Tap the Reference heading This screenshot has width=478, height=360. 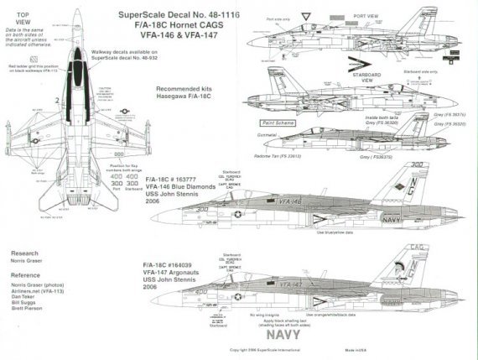27,274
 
